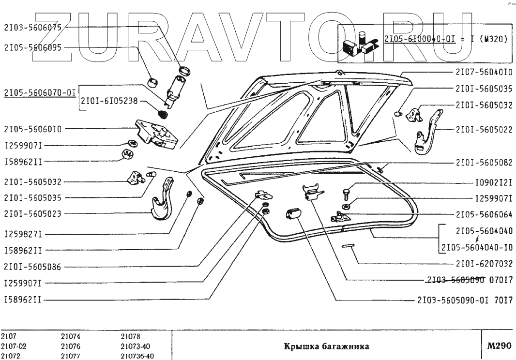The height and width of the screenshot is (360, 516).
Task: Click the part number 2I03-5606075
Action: coord(32,28)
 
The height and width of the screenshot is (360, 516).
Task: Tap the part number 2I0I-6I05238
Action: coord(110,102)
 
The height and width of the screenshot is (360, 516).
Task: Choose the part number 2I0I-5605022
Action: coord(484,130)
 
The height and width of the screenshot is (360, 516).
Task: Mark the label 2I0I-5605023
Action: coord(32,213)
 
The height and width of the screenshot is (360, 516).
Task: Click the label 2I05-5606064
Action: coord(484,213)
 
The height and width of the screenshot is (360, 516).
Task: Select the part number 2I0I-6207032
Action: coord(484,264)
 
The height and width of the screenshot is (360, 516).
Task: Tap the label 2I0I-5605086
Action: coord(32,266)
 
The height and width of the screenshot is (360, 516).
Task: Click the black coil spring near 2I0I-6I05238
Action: coord(164,114)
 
